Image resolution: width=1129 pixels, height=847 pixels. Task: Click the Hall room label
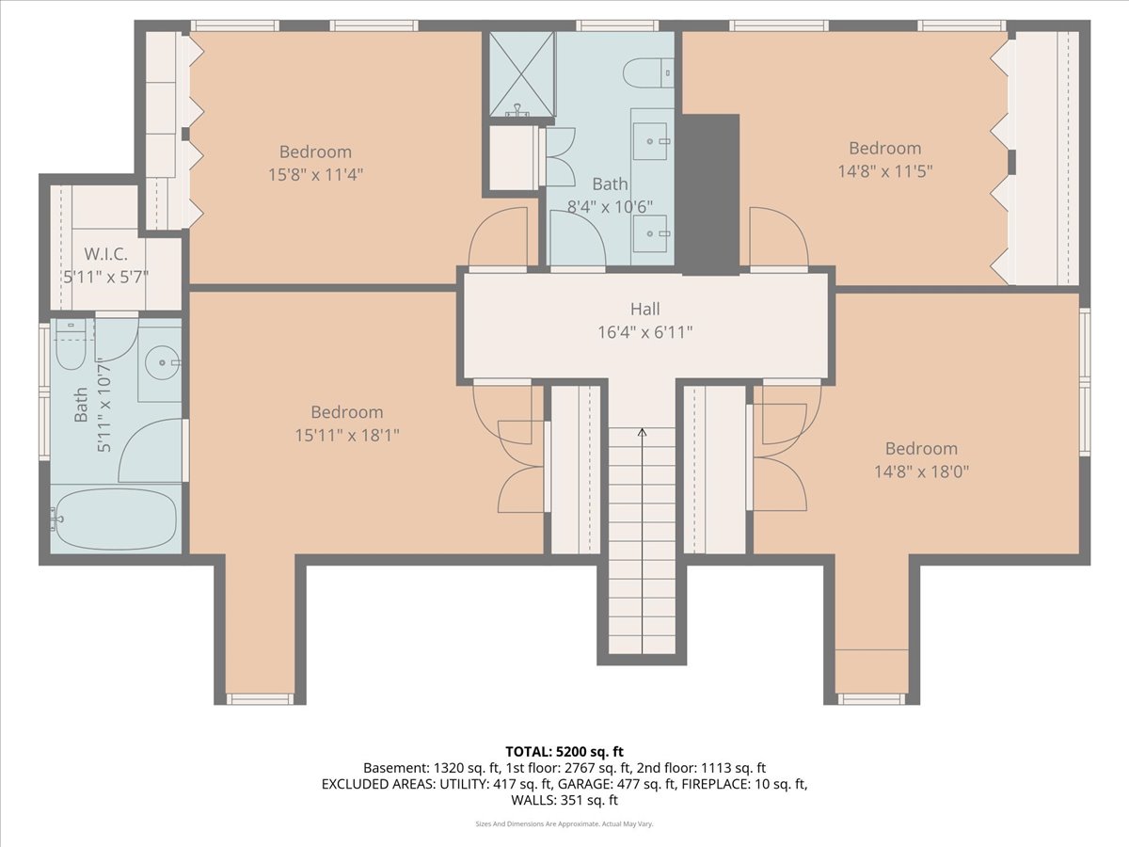coord(645,309)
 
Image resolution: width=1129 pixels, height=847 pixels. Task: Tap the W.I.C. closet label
coord(105,253)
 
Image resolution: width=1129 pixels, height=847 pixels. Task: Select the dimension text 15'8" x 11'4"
coord(315,175)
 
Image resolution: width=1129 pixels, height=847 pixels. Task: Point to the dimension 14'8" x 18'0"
coord(921,471)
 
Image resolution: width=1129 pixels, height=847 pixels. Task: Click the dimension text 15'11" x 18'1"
coord(347,436)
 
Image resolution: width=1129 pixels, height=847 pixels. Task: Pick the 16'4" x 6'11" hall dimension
coord(645,332)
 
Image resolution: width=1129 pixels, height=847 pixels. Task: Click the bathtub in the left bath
coord(115,519)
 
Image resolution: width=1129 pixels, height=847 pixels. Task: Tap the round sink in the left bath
coord(162,362)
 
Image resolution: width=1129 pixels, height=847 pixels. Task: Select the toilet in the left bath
coord(71,344)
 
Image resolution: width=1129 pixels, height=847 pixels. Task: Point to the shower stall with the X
coord(521,74)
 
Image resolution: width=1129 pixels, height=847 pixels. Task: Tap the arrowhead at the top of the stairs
coord(642,432)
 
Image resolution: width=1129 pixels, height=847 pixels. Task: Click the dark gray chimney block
coord(710,195)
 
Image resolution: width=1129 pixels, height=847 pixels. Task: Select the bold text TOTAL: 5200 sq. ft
coord(564,752)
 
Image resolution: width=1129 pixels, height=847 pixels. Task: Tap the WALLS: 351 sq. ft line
coord(564,800)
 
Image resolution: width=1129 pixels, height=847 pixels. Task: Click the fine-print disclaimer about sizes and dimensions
coord(564,823)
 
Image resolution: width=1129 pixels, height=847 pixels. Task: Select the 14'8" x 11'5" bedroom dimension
coord(884,171)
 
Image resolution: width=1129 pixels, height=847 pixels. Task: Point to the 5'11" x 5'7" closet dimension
coord(105,278)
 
